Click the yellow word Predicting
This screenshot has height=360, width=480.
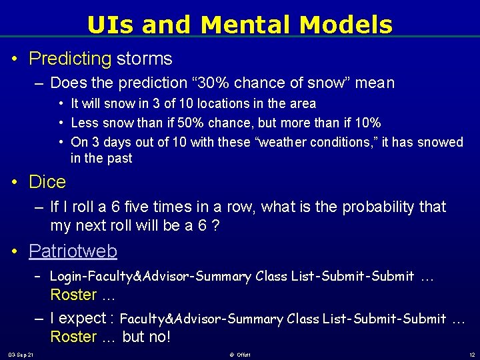tap(70, 59)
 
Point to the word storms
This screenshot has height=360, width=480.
tap(145, 59)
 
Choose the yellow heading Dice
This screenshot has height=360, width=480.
tap(47, 182)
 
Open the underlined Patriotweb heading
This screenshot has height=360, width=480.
tap(73, 251)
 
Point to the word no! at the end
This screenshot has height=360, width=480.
tap(159, 337)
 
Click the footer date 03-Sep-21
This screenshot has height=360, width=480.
tap(22, 354)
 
